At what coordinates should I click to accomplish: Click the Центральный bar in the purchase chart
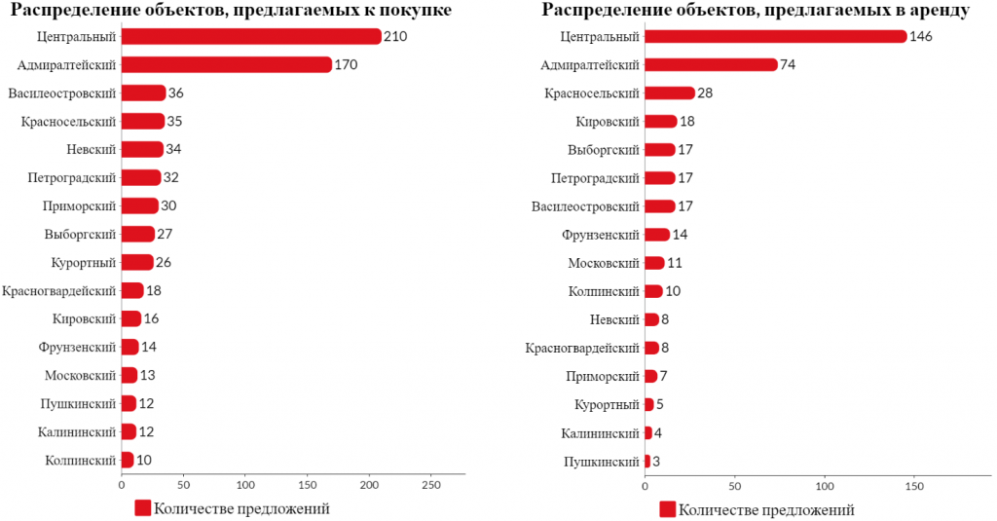point(251,36)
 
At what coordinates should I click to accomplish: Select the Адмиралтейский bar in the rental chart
point(711,64)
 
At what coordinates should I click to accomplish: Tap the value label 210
point(395,36)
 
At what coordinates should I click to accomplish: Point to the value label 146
point(921,36)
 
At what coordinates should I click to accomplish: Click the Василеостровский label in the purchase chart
point(61,93)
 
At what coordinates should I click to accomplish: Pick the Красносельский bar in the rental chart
point(670,93)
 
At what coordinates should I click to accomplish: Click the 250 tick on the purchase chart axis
point(431,485)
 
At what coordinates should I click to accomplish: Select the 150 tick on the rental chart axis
point(914,486)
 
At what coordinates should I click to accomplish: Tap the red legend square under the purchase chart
point(142,507)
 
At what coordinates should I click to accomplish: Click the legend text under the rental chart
point(766,509)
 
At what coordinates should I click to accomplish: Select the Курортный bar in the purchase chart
point(137,262)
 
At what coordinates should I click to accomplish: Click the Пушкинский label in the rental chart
point(601,462)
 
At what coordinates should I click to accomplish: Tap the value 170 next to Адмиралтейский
point(346,64)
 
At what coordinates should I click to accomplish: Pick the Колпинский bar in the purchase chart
point(128,460)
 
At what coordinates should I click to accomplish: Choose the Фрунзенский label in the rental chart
point(600,235)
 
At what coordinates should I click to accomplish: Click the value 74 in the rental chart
point(788,64)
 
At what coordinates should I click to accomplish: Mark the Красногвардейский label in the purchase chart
point(59,291)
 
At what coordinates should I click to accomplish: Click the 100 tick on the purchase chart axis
point(245,485)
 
